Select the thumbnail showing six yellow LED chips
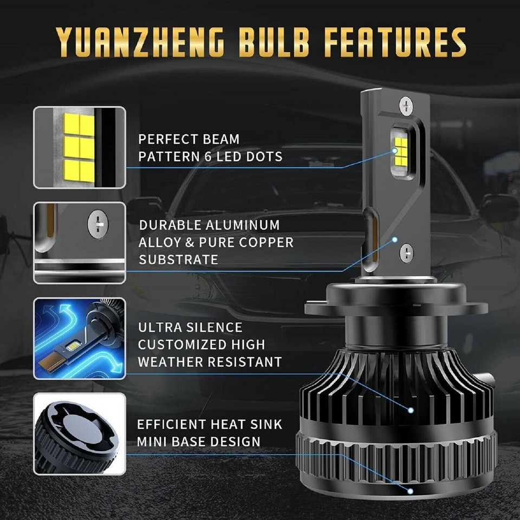(x=79, y=147)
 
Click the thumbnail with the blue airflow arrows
(x=79, y=338)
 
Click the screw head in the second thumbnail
(x=98, y=223)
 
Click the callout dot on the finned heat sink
(x=411, y=410)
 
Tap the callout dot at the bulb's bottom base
(x=411, y=491)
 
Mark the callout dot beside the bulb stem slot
(x=395, y=239)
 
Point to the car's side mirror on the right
(x=498, y=209)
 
